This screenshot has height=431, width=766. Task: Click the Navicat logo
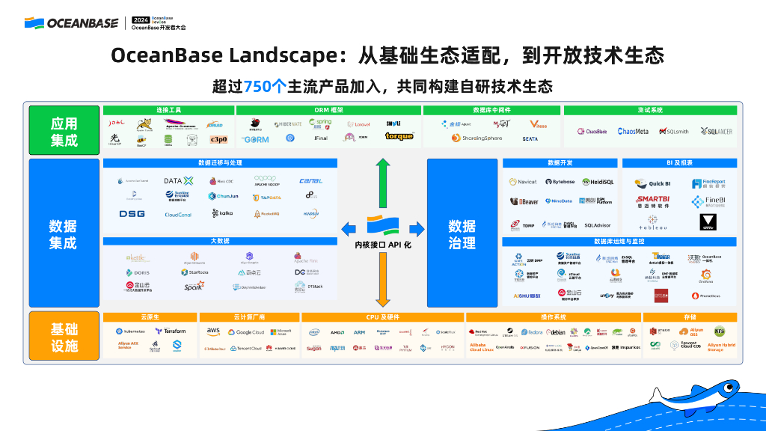tap(523, 182)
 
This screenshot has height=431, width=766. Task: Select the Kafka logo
tap(222, 213)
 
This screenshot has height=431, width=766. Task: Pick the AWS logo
tap(213, 331)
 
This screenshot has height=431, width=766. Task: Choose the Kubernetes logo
tap(130, 331)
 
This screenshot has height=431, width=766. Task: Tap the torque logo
tap(399, 137)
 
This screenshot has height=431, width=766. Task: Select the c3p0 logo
tap(218, 139)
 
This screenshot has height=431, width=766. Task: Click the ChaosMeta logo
tap(633, 131)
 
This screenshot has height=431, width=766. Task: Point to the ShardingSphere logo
tap(476, 138)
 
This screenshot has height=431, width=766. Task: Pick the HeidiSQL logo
tap(598, 182)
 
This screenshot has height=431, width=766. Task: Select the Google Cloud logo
tap(246, 332)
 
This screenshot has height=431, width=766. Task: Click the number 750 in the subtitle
tap(257, 86)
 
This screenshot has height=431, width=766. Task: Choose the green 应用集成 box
tap(64, 131)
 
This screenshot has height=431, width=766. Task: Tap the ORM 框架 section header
tap(329, 110)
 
